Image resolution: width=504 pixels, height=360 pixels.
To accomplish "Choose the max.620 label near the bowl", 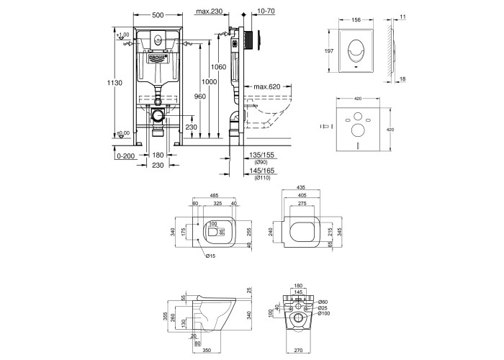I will click(x=267, y=87).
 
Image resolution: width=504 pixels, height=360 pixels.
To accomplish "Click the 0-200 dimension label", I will click(x=125, y=154).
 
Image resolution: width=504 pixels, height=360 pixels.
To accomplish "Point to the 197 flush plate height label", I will click(x=329, y=50).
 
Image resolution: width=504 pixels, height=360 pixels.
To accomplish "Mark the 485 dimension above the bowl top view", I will click(x=214, y=196).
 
